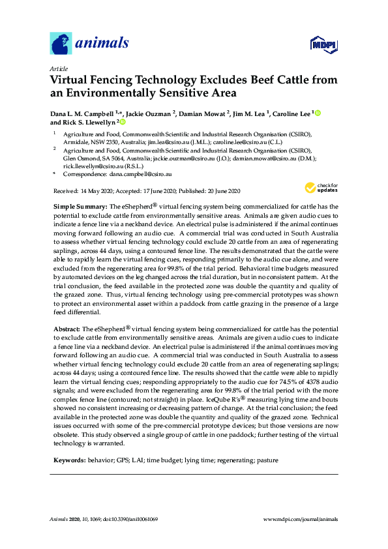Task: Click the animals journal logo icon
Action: click(x=61, y=44)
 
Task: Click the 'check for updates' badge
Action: click(x=318, y=189)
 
